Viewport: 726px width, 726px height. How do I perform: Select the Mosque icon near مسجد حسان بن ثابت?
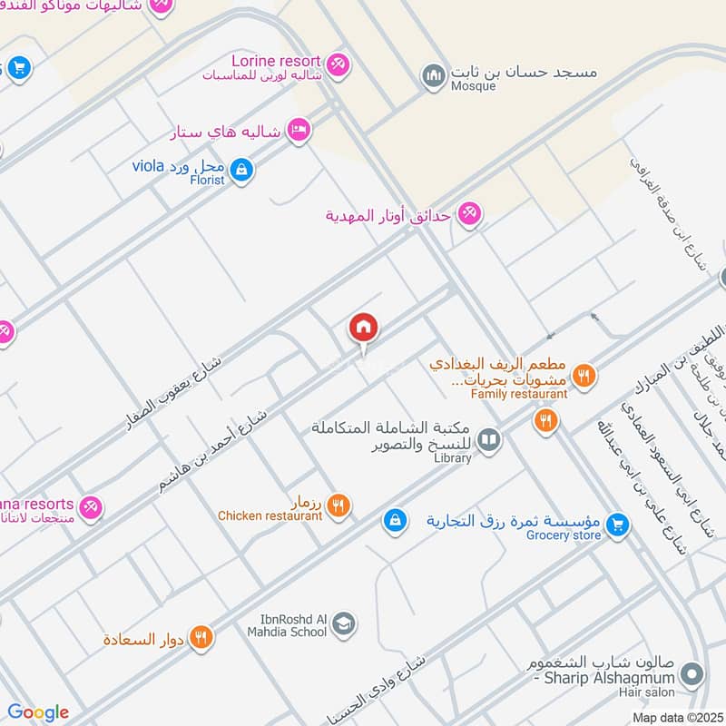point(434,74)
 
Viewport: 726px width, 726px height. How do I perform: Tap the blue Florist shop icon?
point(240,169)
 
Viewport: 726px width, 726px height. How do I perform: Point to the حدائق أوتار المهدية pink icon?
point(469,213)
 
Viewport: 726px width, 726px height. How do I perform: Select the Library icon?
point(489,440)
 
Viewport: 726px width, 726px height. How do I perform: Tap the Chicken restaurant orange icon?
point(338,505)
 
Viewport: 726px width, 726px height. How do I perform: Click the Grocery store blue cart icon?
point(617,525)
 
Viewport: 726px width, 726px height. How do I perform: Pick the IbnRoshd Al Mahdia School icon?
point(343,623)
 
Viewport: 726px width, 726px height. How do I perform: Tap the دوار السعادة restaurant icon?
point(201,638)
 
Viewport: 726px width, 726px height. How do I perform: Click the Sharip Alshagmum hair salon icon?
point(692,674)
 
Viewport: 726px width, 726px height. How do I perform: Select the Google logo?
point(38,712)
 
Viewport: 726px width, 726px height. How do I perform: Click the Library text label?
point(453,458)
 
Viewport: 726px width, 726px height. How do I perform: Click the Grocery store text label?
point(564,535)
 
